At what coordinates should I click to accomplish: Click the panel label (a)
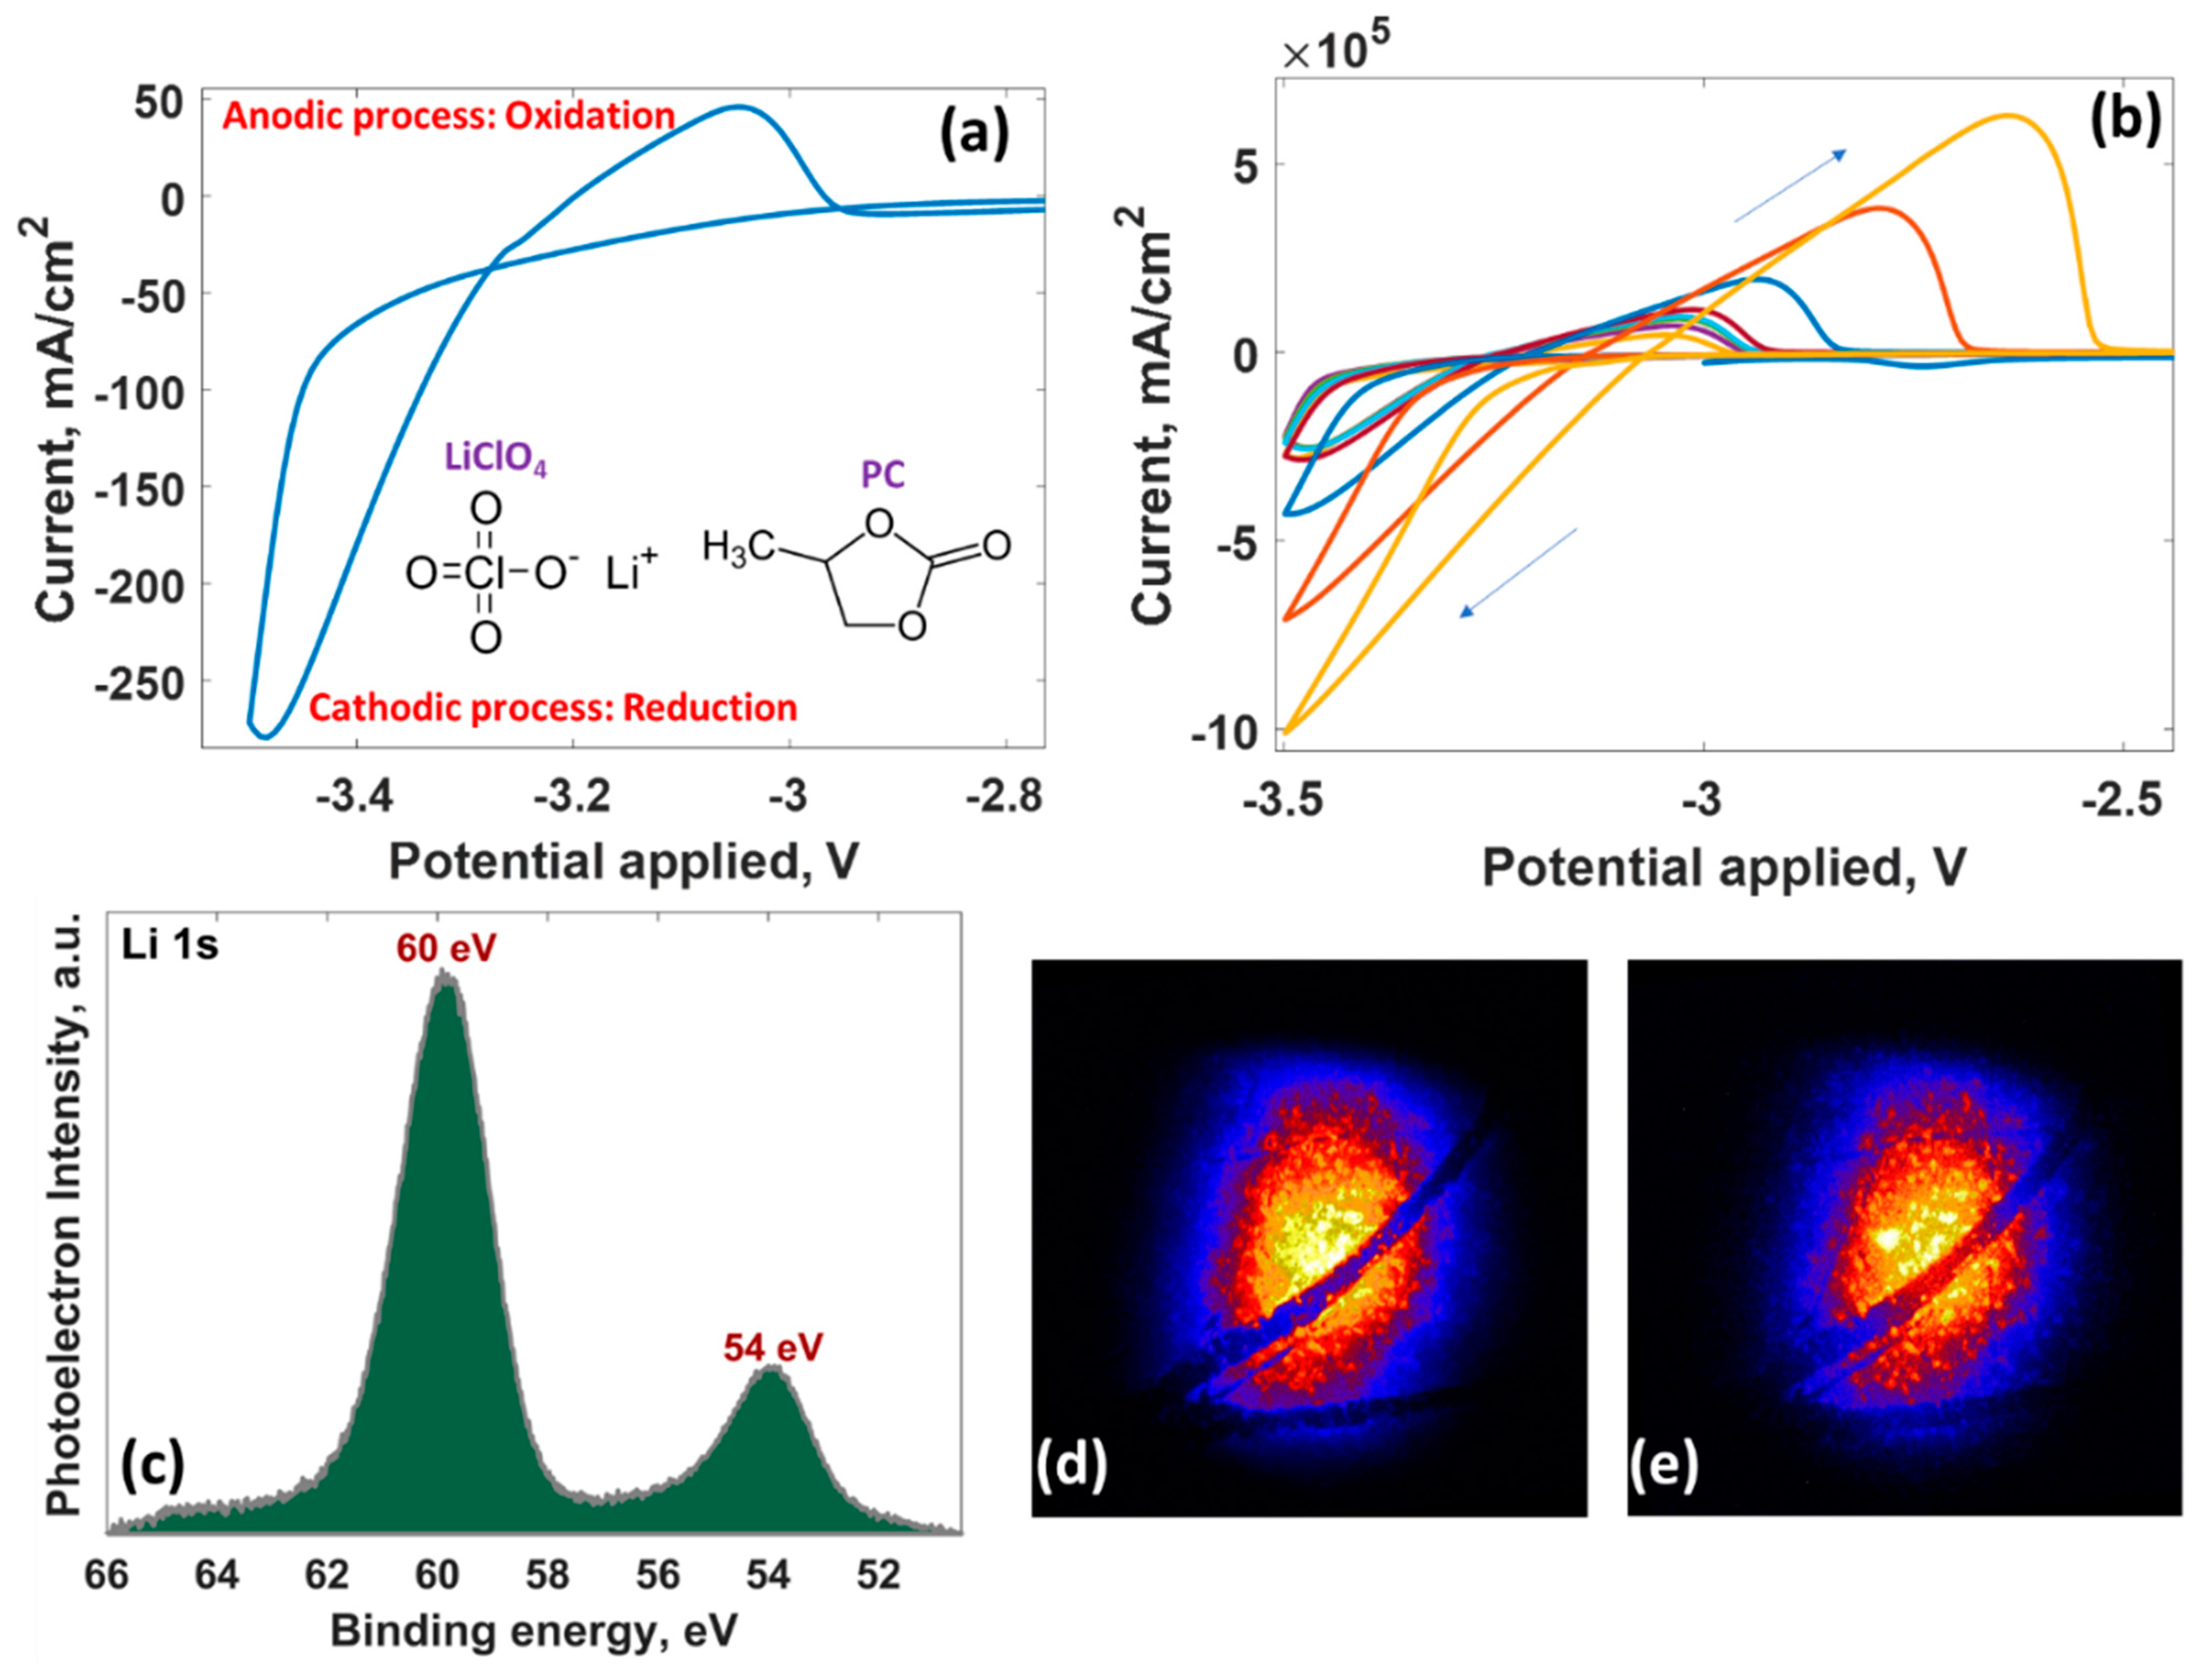[974, 134]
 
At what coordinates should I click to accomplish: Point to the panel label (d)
[1071, 1464]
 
